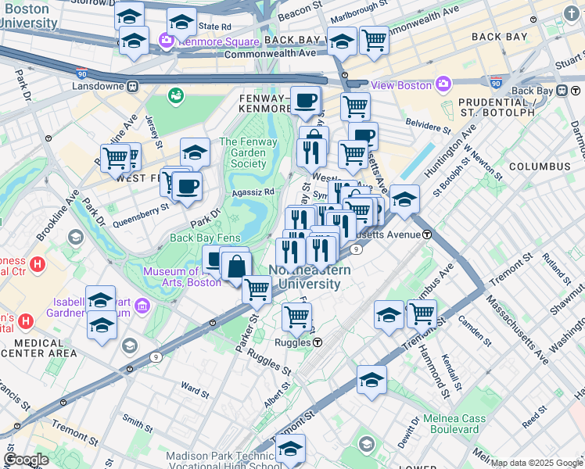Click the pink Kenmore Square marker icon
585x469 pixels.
(x=167, y=40)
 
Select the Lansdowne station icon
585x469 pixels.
(x=134, y=84)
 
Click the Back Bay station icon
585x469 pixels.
(x=563, y=91)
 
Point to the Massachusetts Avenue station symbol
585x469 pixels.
(x=427, y=234)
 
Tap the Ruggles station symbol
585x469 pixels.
(x=318, y=342)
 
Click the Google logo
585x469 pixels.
(x=26, y=459)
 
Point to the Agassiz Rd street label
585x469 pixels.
(x=252, y=192)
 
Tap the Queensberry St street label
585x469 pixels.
(x=141, y=209)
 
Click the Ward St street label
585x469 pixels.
(x=193, y=385)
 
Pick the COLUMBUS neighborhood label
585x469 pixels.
(x=540, y=166)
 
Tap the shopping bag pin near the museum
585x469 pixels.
(x=235, y=267)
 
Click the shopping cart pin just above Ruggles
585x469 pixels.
(x=296, y=317)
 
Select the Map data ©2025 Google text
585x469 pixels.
(x=537, y=463)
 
